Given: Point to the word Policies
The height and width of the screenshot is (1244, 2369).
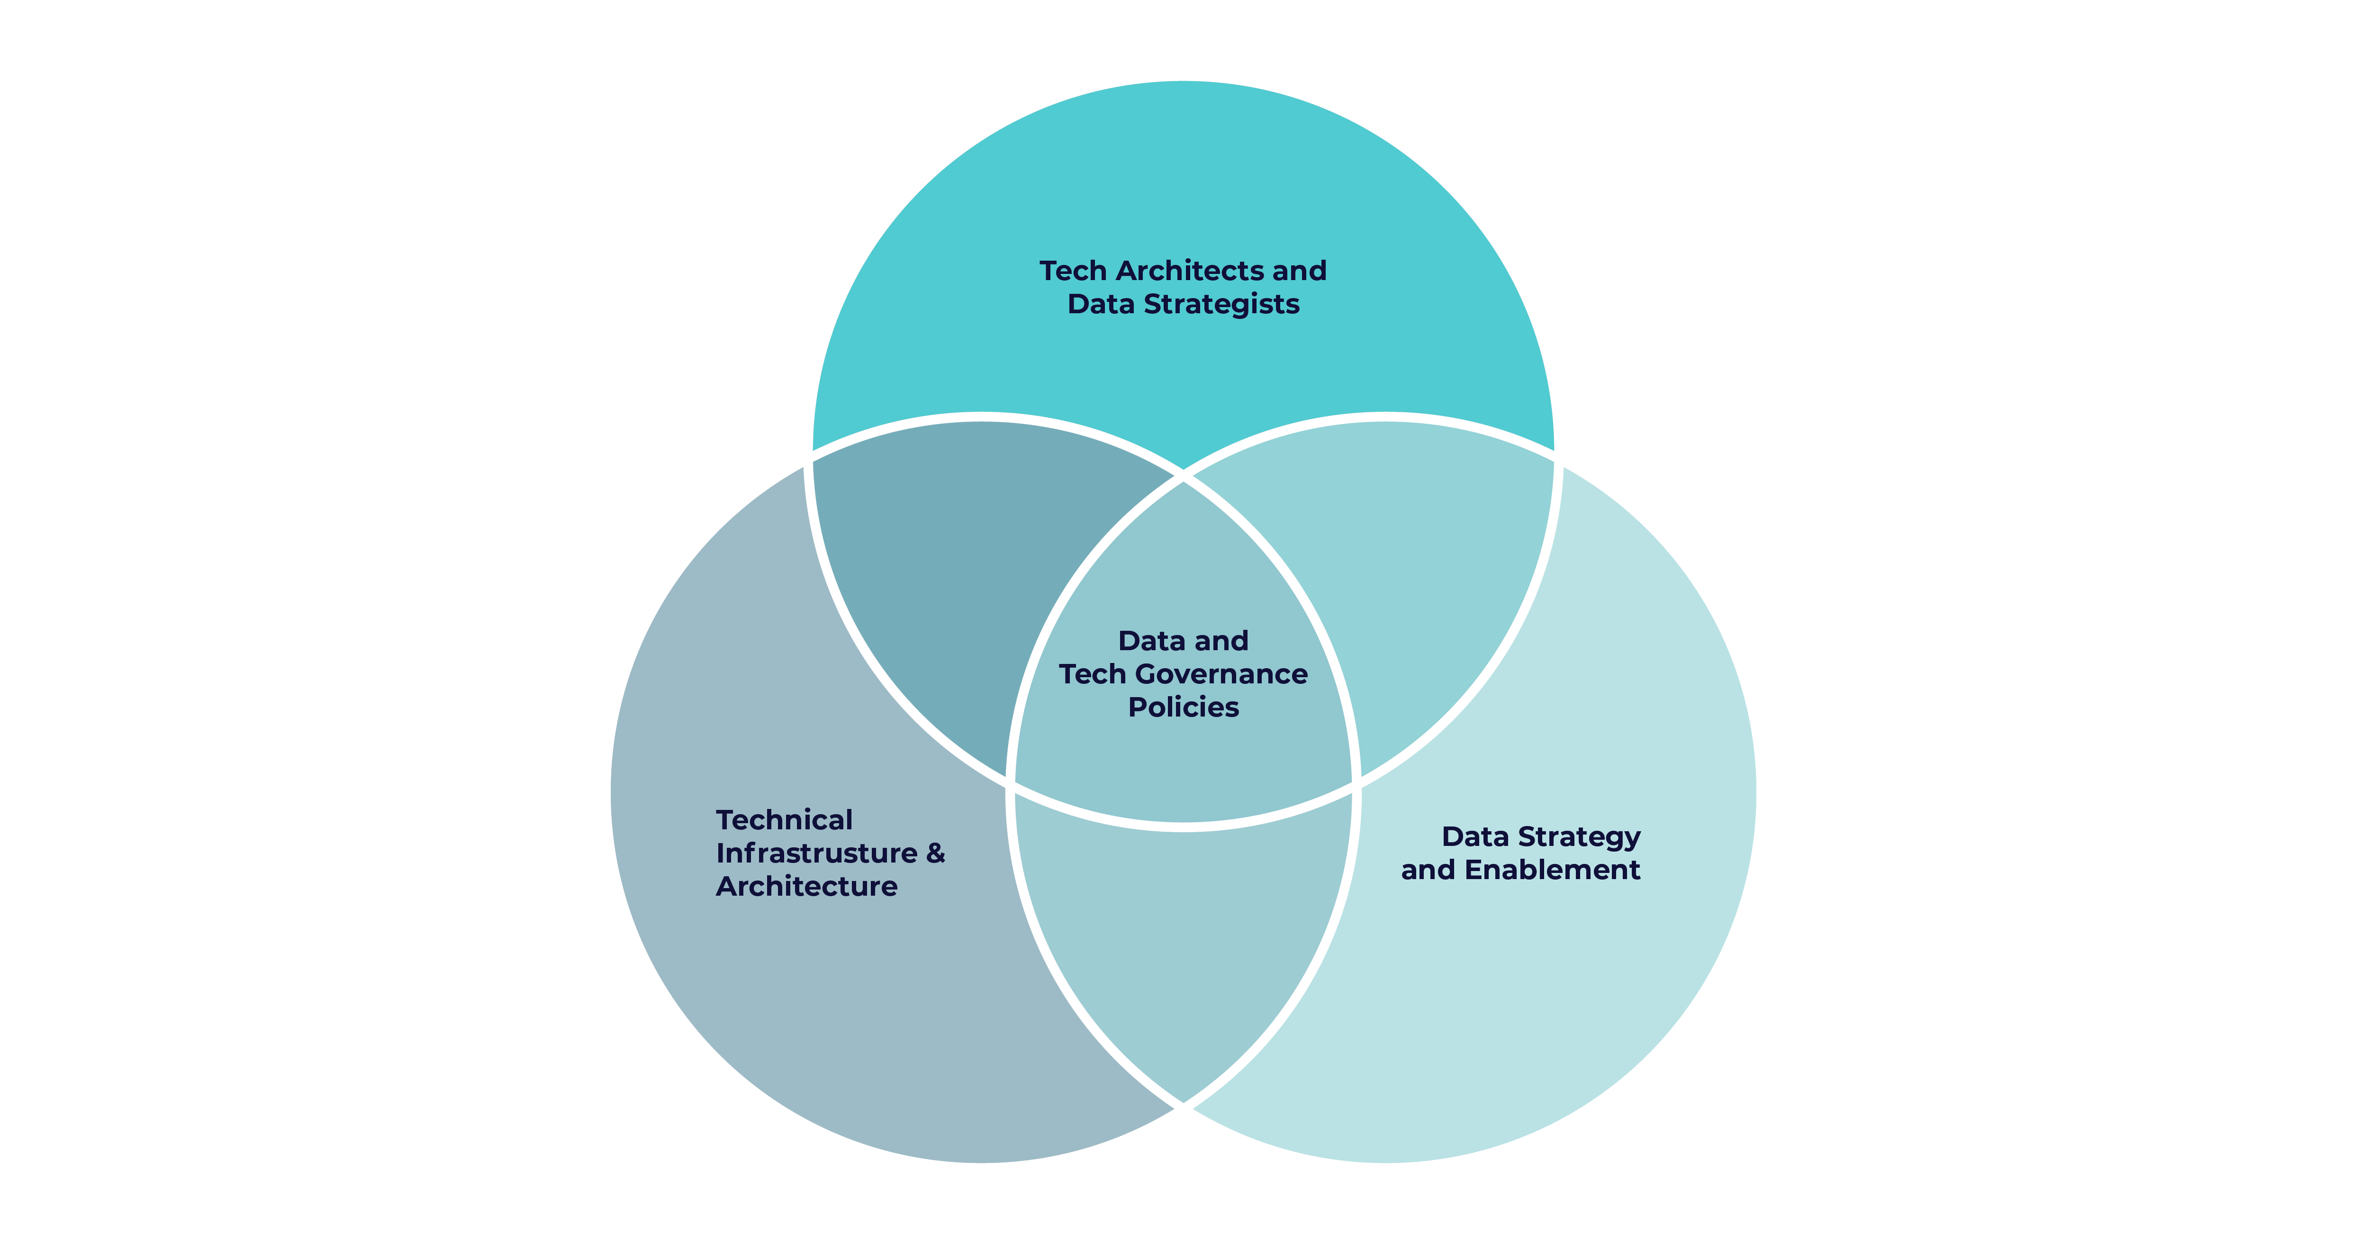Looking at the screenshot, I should (x=1184, y=708).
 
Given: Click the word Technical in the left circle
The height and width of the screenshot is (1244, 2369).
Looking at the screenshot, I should (x=785, y=820).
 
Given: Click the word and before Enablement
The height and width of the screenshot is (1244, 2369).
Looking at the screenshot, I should (x=1428, y=871).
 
